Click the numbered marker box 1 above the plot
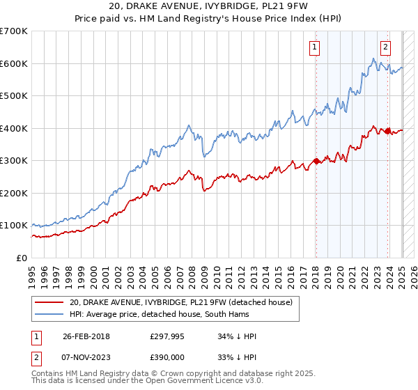[x=315, y=47]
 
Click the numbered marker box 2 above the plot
[x=385, y=47]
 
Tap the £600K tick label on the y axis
[x=14, y=63]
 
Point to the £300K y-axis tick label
[x=14, y=161]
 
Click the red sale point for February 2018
[x=316, y=161]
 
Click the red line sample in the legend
[x=49, y=302]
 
